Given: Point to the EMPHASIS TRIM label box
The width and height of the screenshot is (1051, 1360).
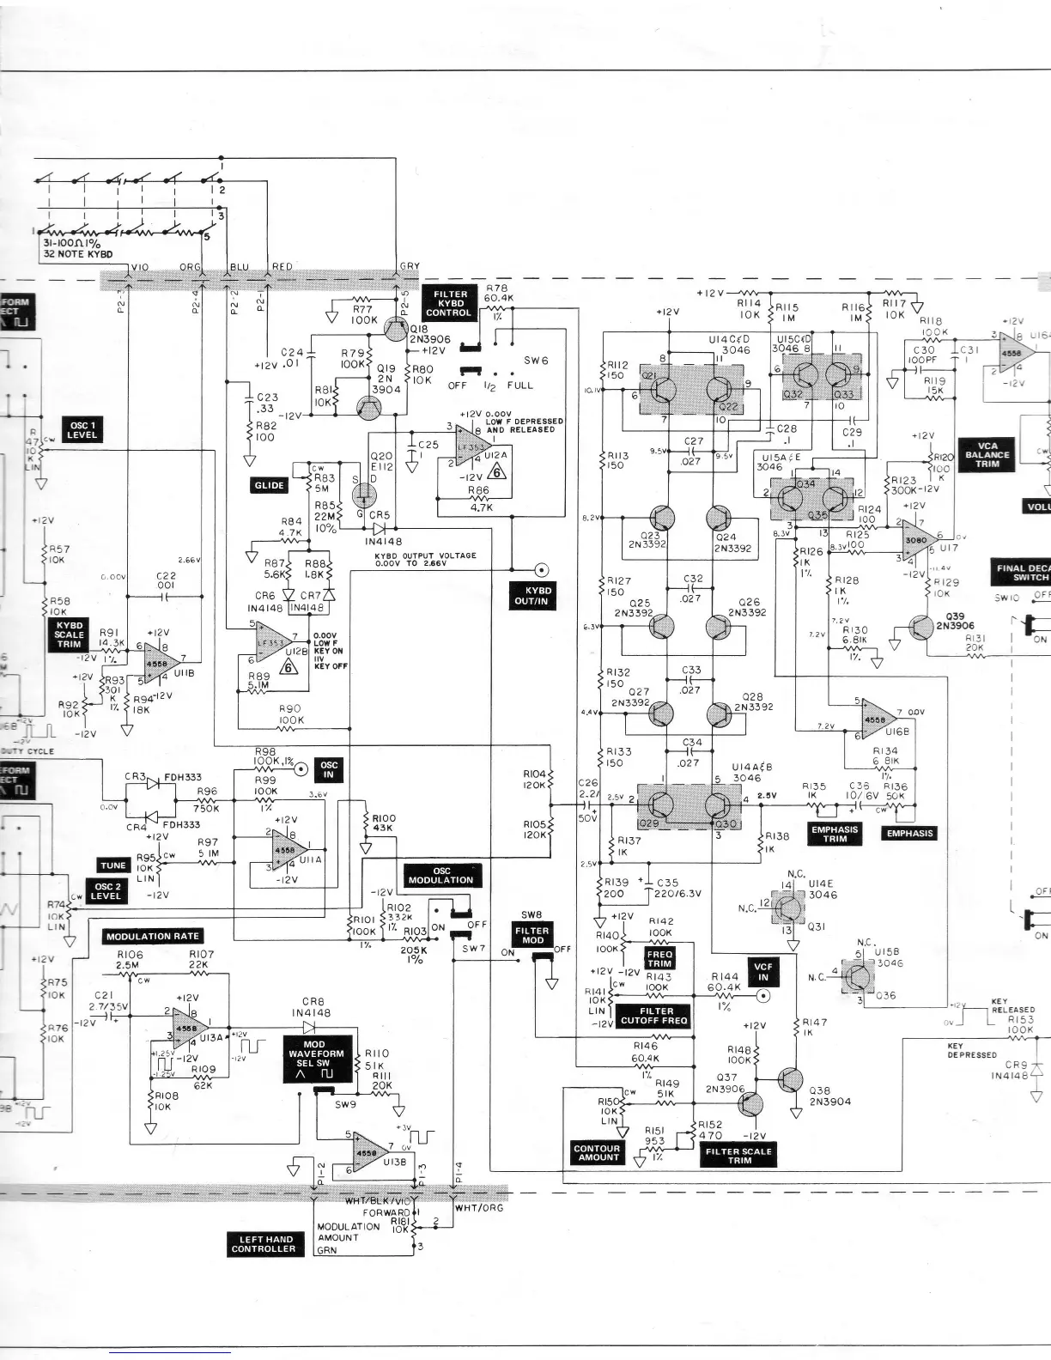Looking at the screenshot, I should (x=835, y=834).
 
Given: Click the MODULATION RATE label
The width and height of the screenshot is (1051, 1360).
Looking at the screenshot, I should (x=153, y=936).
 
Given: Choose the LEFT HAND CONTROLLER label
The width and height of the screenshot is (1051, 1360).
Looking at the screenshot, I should (x=263, y=1244).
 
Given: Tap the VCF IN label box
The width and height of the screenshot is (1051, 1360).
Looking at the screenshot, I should (x=762, y=972).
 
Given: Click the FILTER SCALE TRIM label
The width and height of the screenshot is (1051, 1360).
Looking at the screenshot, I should (x=739, y=1156).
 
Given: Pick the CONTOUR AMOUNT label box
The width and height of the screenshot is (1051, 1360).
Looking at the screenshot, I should (x=597, y=1152).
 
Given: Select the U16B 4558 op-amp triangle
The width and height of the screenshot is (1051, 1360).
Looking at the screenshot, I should (x=877, y=719).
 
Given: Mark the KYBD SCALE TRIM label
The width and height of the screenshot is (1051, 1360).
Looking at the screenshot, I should (x=69, y=634).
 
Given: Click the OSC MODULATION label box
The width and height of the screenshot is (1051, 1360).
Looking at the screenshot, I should (x=440, y=875).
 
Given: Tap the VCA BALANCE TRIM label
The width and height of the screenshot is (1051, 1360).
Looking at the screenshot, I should (x=987, y=454).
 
